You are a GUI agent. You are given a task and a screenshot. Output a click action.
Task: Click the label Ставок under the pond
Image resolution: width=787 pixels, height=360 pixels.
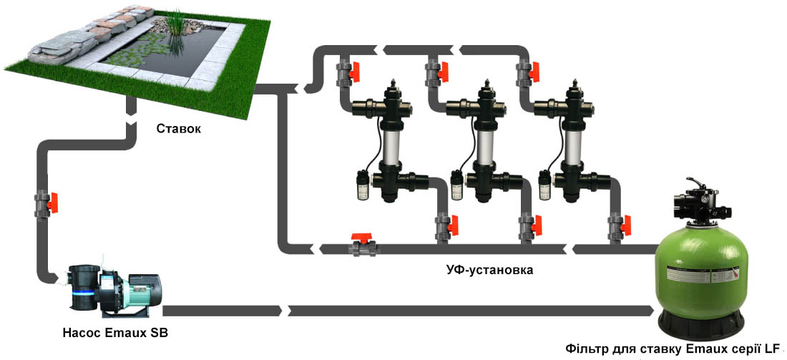coord(178,129)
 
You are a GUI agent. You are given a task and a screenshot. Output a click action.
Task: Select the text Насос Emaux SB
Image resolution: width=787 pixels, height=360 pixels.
coord(115,333)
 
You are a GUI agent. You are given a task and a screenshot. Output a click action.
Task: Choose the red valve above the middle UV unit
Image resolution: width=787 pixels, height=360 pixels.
coord(443,71)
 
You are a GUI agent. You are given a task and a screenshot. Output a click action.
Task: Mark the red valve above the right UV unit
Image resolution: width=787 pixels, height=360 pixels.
coord(533,72)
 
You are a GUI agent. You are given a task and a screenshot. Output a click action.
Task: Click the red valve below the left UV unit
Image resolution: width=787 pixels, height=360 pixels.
coord(454,225)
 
